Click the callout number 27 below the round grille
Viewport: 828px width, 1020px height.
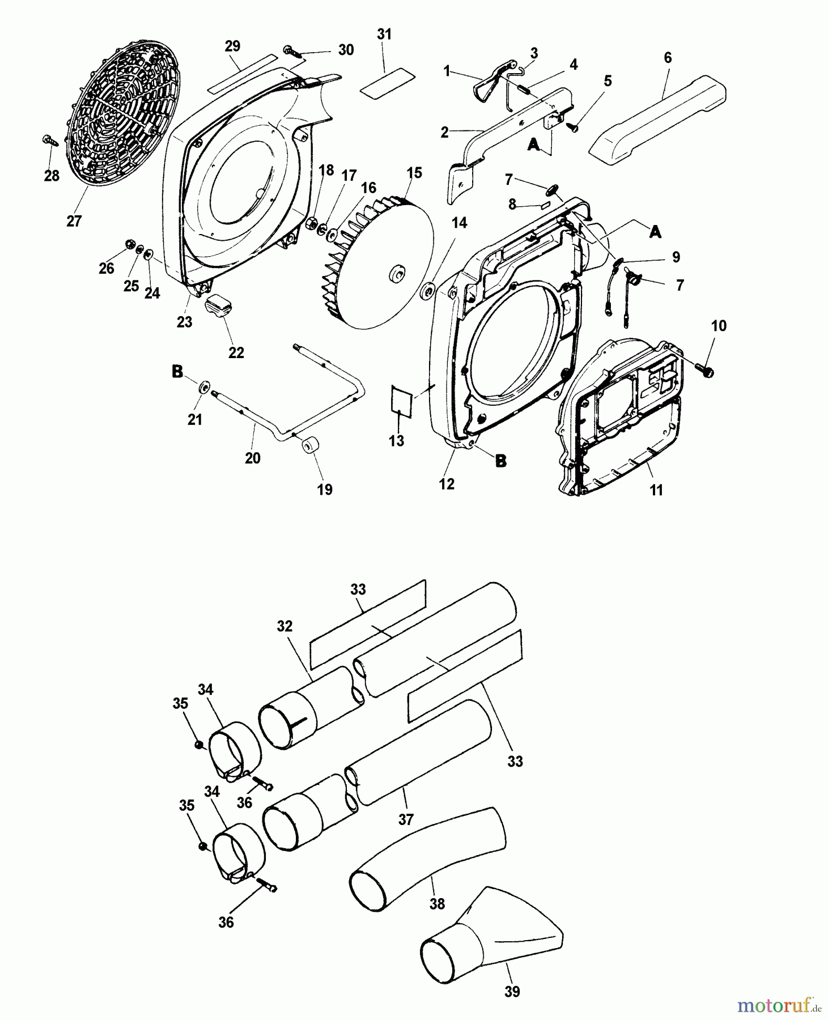[74, 221]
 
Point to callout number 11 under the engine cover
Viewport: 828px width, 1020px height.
[656, 490]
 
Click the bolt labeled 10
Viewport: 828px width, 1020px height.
[704, 368]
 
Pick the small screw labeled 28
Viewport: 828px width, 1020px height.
[49, 140]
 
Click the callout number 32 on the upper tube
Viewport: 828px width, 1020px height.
[285, 626]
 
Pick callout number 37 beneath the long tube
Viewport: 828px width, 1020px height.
[406, 819]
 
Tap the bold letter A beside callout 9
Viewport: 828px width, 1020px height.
[655, 232]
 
